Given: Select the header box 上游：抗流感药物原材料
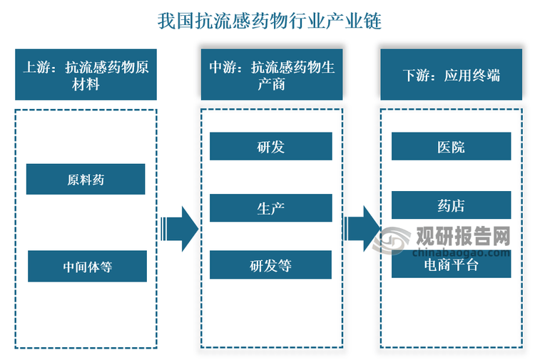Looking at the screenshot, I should click(86, 75).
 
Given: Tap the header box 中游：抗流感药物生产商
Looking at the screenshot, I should click(271, 75).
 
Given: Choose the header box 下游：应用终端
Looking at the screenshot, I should click(451, 75).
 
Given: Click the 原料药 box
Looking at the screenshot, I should click(86, 179).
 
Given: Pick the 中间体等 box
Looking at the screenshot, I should click(87, 266).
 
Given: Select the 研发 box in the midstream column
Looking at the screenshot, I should click(270, 146).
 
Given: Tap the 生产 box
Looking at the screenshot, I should click(270, 207).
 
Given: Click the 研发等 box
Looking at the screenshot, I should click(270, 265).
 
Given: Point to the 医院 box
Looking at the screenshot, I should click(451, 147).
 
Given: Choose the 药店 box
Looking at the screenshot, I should click(451, 205).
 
